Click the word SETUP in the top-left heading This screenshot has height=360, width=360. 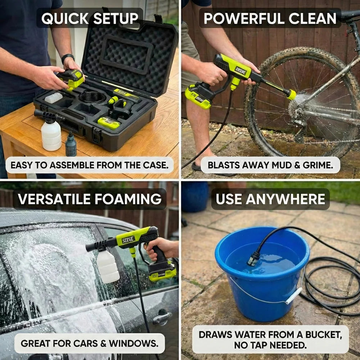(x=116, y=18)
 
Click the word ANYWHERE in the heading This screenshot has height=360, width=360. (x=285, y=199)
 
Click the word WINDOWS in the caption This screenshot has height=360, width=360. (x=134, y=343)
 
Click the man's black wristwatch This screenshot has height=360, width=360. (x=68, y=58)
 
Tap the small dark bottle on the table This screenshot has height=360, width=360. (x=71, y=144)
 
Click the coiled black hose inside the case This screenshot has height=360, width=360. (x=92, y=97)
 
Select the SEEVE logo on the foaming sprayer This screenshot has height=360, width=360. (x=128, y=240)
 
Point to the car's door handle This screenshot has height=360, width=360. (x=162, y=317)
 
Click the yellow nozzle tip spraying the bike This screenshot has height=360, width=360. (x=291, y=95)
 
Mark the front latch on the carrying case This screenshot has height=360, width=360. (x=96, y=135)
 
